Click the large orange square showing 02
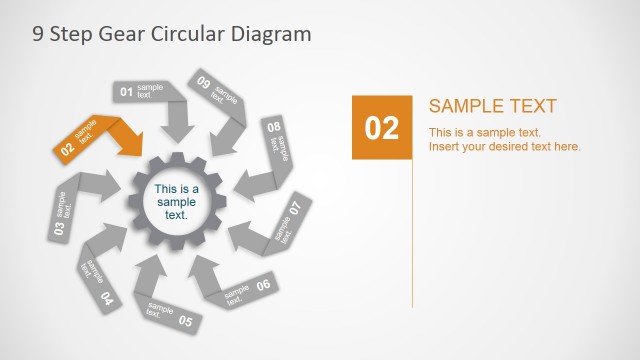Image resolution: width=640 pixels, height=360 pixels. pos(382,127)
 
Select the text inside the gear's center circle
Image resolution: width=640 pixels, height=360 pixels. pos(177,202)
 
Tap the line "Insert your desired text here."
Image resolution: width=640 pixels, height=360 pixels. pos(505,147)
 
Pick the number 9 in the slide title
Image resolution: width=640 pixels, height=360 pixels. pos(37,33)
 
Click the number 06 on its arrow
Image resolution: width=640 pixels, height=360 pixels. pos(263,285)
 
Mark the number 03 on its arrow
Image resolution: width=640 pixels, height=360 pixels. pos(58,229)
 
